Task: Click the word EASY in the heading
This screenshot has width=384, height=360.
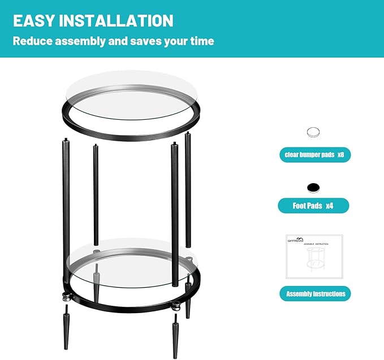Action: tap(34, 21)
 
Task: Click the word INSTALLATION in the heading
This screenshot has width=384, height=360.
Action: tap(116, 21)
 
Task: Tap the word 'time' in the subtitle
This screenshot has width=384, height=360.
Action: tap(202, 41)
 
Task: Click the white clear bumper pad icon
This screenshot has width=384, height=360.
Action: tap(313, 133)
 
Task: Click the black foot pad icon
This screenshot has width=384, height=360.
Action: tap(313, 188)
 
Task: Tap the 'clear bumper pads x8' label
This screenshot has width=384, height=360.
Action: tap(314, 155)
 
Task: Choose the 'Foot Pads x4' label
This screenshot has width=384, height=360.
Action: tap(313, 206)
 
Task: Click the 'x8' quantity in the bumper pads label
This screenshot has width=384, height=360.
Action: tap(340, 155)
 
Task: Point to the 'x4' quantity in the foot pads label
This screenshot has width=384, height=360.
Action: tap(329, 206)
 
